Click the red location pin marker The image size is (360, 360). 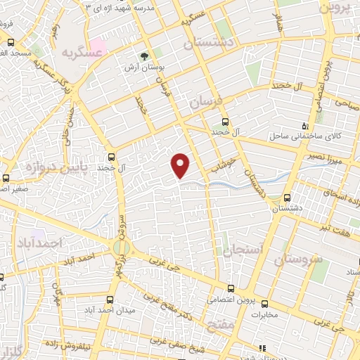[x=181, y=165]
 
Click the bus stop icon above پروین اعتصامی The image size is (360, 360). [x=232, y=288]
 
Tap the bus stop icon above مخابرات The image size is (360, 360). [x=264, y=304]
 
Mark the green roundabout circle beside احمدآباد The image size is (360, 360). [x=122, y=247]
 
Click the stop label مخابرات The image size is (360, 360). [x=264, y=314]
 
